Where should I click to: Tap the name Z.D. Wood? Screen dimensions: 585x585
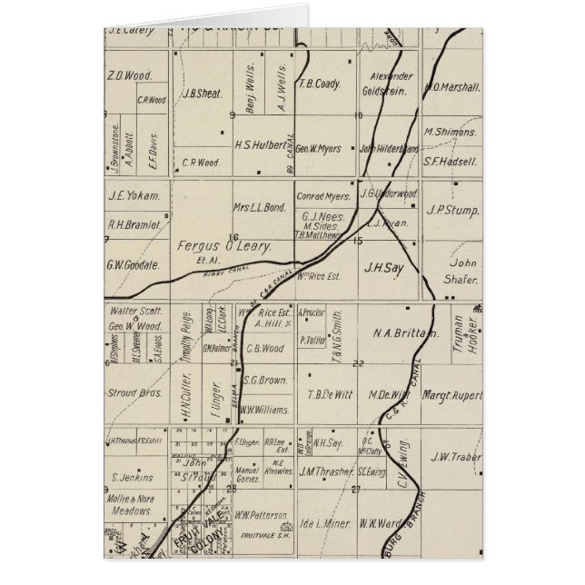pyautogui.click(x=129, y=77)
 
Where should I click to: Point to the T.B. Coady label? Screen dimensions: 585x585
pyautogui.click(x=319, y=84)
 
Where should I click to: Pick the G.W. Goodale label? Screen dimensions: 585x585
pyautogui.click(x=133, y=266)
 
